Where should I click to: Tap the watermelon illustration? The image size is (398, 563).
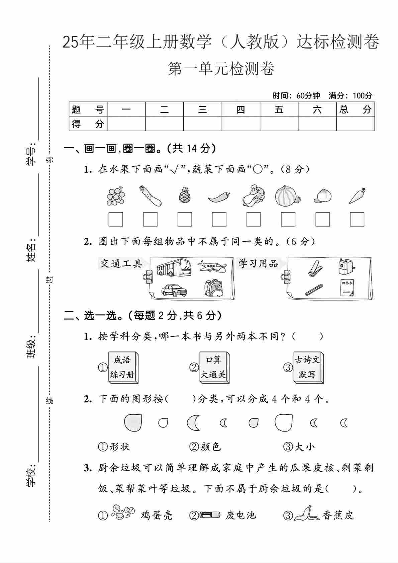point(287,195)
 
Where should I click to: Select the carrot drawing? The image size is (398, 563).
point(357,196)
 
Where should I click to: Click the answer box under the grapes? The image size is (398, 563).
point(116,220)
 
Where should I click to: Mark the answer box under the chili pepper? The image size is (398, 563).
point(219,220)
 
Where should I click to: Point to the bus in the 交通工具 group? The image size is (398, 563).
point(174,267)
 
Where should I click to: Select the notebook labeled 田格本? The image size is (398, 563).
point(347,288)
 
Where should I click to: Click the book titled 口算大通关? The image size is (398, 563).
point(213,367)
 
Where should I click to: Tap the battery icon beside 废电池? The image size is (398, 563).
point(210,514)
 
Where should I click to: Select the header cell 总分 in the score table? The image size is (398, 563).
point(355,109)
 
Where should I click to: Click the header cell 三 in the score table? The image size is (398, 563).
point(202,109)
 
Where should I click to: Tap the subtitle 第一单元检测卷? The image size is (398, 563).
point(221,69)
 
